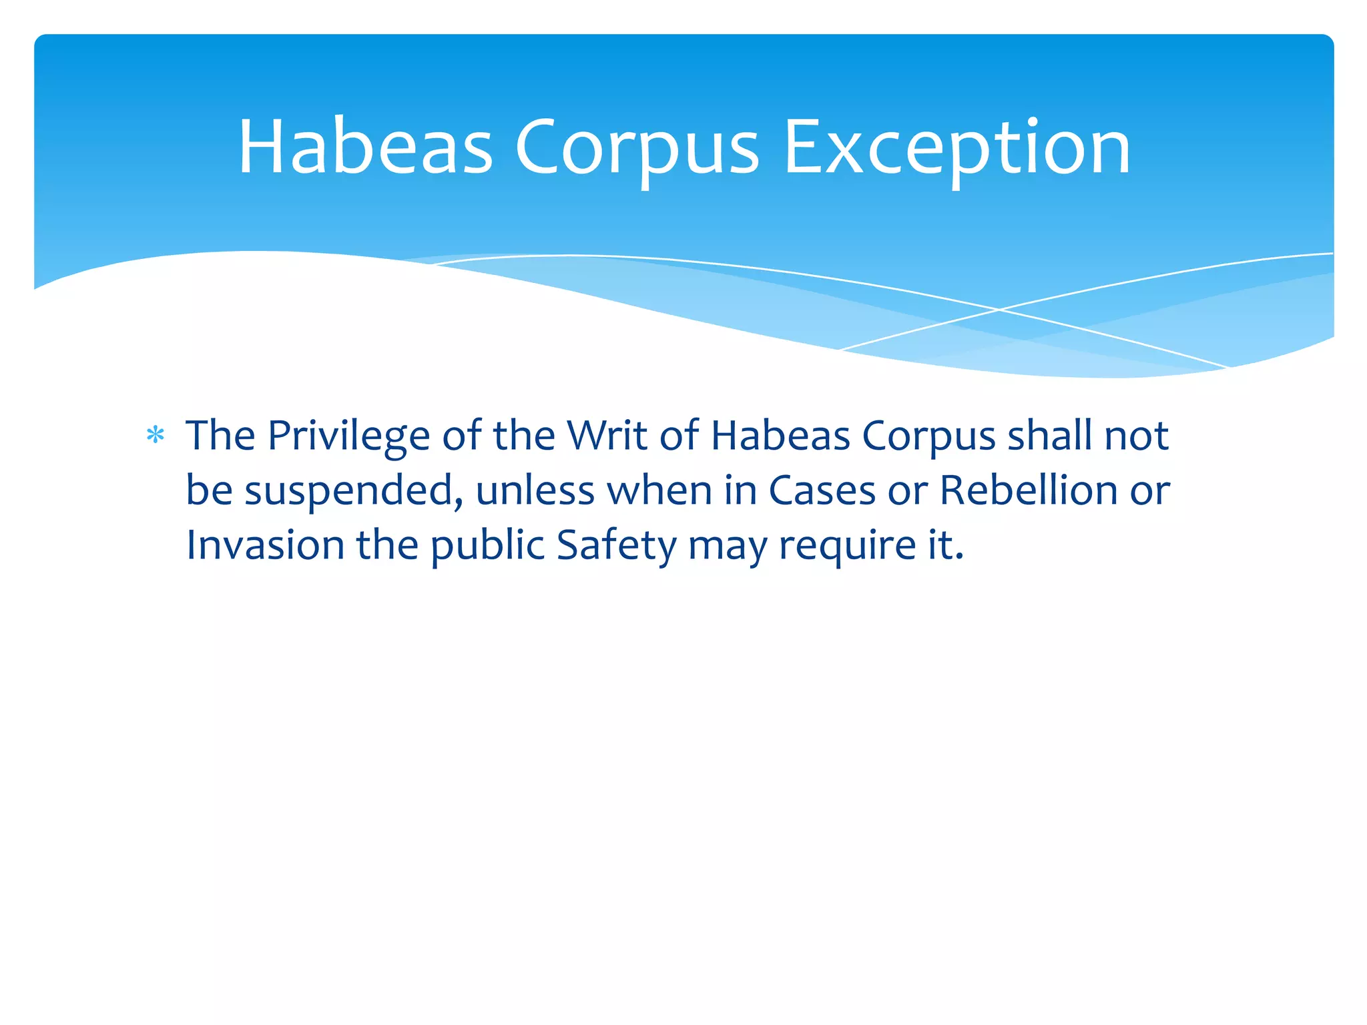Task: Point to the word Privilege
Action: (348, 437)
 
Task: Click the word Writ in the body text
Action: (607, 436)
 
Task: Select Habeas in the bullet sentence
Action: (780, 436)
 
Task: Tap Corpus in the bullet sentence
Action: (928, 437)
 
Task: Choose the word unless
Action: (535, 490)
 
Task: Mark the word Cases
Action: (822, 490)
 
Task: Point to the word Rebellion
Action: (1029, 490)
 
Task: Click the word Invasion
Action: (264, 545)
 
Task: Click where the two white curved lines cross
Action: (999, 310)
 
